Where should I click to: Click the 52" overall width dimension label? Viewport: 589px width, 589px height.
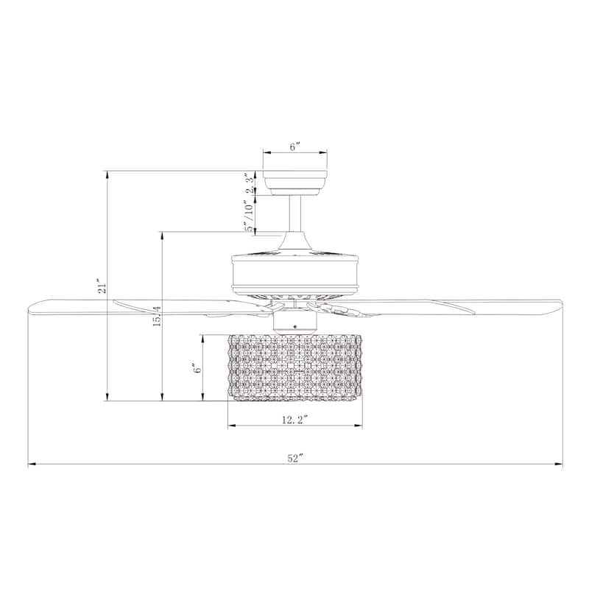(x=295, y=457)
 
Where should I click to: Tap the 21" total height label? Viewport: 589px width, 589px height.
(x=103, y=286)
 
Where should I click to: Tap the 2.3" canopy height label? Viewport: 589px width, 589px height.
(x=250, y=181)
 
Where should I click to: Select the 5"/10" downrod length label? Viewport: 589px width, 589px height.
(x=250, y=217)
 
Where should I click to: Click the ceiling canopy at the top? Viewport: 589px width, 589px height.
(x=294, y=180)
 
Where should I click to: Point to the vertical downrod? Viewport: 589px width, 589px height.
(x=294, y=214)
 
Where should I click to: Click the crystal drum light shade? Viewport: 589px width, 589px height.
(x=294, y=368)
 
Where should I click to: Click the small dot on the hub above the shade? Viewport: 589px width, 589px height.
(x=294, y=325)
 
